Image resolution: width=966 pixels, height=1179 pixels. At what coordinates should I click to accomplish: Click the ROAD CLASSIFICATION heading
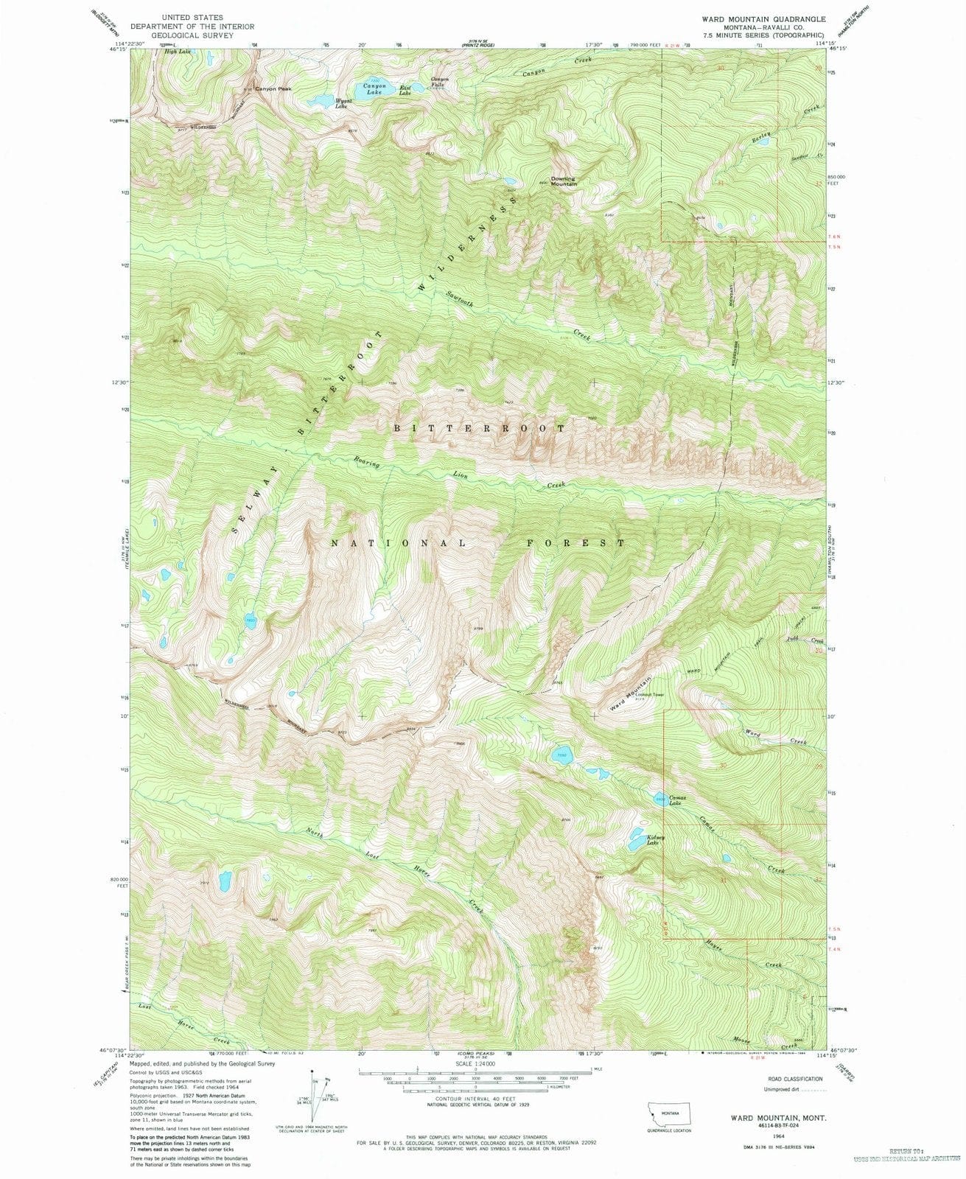click(x=794, y=1079)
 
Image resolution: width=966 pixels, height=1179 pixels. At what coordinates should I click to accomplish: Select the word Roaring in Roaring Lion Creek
click(x=366, y=463)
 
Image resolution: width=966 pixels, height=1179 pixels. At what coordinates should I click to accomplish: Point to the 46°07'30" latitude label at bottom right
click(x=848, y=1051)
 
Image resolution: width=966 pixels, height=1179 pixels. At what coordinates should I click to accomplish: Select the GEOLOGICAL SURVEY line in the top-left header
click(x=181, y=35)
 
